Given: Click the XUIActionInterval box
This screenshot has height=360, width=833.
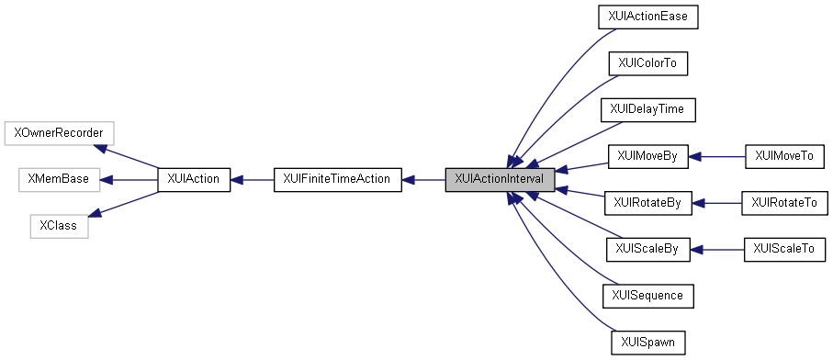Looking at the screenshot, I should point(500,180).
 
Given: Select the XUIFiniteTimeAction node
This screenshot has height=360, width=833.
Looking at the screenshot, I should point(338,180).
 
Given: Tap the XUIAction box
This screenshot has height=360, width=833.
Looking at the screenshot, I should point(194,180).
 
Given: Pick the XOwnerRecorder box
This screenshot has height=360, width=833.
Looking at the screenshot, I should point(59,133).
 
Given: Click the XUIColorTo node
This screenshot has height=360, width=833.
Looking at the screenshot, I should point(647,63).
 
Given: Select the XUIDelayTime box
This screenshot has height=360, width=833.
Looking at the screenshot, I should point(647,110).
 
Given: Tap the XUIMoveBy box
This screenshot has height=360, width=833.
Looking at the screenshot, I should point(647,157).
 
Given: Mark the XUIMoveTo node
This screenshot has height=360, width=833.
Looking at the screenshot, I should point(783,157).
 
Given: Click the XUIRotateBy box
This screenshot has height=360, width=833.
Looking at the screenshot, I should point(647,203).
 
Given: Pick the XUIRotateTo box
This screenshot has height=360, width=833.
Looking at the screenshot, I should point(783,203).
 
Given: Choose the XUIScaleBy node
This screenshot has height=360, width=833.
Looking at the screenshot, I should point(647,250).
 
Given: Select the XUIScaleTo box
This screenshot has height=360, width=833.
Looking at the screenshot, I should point(783,250).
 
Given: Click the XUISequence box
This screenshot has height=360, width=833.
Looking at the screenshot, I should point(647,297).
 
